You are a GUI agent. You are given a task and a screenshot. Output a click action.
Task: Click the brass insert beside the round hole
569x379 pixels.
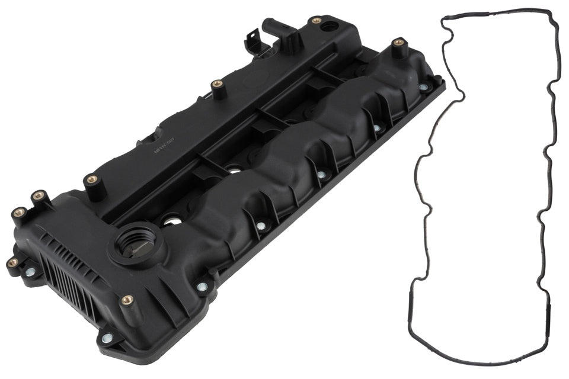point(317,21)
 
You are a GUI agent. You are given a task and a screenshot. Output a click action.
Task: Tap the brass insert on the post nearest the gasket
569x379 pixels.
point(398,42)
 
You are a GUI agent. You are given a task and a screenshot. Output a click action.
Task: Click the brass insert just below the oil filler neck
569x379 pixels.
point(126,300)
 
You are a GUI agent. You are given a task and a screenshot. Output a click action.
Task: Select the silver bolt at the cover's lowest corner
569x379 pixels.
point(107,338)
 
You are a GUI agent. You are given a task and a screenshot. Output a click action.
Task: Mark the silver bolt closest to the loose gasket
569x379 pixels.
point(423,87)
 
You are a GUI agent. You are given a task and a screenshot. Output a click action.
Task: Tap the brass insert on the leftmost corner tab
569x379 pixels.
point(12,262)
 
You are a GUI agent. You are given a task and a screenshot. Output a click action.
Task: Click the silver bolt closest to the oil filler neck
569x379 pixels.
point(202,287)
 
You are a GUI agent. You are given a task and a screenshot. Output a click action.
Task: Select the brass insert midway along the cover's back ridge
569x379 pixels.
point(217,83)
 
